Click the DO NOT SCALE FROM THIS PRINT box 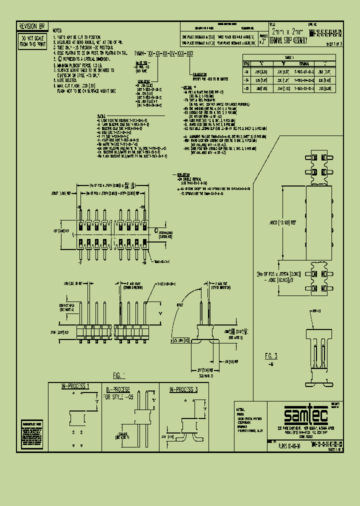[x=31, y=40]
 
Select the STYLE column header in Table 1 [x=246, y=63]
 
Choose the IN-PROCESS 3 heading [x=183, y=388]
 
